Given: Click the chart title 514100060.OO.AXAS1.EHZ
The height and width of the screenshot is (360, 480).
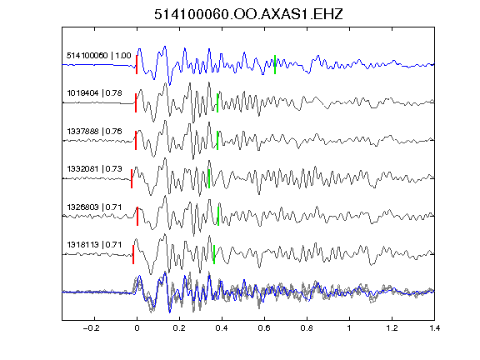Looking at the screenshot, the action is (248, 14).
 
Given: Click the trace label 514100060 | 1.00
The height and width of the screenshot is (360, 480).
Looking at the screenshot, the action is (99, 55).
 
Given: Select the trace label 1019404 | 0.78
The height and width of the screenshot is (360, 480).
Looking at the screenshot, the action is (95, 92).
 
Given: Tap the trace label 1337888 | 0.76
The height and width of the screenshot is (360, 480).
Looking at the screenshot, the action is (95, 132).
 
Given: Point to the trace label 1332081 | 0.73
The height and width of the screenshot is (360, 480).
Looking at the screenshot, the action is (95, 168).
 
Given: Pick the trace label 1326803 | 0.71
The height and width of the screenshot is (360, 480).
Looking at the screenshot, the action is (95, 207).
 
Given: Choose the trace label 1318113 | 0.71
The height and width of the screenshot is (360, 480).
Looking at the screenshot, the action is (95, 245).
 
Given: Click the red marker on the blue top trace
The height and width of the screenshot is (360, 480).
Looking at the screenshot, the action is (137, 64).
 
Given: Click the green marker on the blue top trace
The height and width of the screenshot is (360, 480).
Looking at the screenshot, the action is (275, 64).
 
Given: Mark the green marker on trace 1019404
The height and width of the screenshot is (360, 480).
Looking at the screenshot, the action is (217, 102).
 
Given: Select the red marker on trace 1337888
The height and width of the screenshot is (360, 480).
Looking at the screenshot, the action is (136, 141).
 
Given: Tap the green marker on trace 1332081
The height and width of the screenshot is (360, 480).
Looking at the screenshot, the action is (209, 178).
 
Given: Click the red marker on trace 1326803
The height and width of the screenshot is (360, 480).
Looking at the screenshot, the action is (137, 216).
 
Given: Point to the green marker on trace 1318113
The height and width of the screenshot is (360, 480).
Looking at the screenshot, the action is (214, 254).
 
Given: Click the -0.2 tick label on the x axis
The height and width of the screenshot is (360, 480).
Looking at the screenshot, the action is (92, 328).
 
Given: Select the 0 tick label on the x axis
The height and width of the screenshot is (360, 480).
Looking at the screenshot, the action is (137, 328).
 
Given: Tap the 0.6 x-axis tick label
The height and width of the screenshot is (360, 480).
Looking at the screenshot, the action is (264, 328).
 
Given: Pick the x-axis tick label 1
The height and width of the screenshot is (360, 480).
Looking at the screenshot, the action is (349, 328).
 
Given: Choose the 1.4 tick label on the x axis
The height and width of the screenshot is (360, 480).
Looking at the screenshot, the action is (435, 328).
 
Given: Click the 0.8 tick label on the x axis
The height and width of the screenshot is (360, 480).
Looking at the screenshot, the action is (307, 328).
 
